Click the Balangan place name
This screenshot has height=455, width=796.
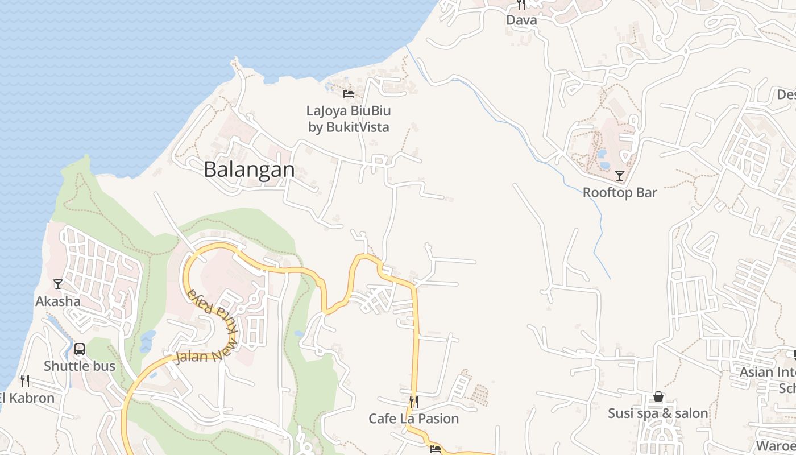(249, 169)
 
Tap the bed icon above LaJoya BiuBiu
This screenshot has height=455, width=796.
(349, 93)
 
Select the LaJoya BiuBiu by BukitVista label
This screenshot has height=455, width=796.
(349, 118)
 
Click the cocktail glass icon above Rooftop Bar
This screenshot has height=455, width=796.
(620, 176)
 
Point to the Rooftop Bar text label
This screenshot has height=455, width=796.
(620, 192)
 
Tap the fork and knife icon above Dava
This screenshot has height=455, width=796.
(521, 5)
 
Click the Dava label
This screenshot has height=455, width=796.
(521, 20)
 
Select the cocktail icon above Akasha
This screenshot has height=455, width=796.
(58, 284)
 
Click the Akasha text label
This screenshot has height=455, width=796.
(58, 301)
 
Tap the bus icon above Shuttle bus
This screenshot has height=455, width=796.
(80, 349)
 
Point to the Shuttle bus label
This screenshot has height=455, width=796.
(80, 366)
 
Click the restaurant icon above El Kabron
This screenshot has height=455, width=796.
(25, 380)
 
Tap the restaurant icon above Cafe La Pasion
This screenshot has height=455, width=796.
(413, 402)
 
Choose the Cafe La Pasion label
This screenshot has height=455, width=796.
(413, 419)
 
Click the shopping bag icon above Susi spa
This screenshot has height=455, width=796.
(658, 396)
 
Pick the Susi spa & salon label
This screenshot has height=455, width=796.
(658, 413)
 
